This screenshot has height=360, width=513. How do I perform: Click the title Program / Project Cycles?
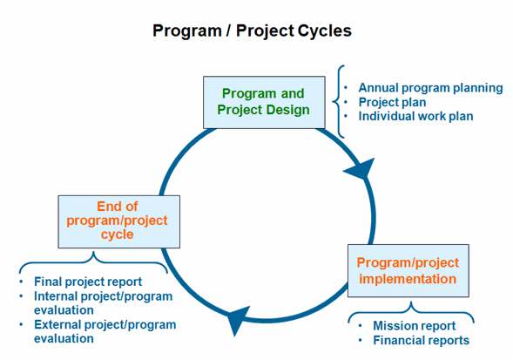click(x=252, y=31)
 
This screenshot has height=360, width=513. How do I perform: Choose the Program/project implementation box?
click(x=408, y=270)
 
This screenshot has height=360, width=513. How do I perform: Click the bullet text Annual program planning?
click(x=430, y=88)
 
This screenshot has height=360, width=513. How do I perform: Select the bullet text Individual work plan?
click(x=415, y=116)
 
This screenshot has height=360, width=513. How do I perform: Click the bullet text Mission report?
click(x=414, y=326)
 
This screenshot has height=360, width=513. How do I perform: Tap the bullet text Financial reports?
click(x=421, y=340)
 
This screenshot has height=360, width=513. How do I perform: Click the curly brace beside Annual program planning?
click(x=341, y=101)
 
